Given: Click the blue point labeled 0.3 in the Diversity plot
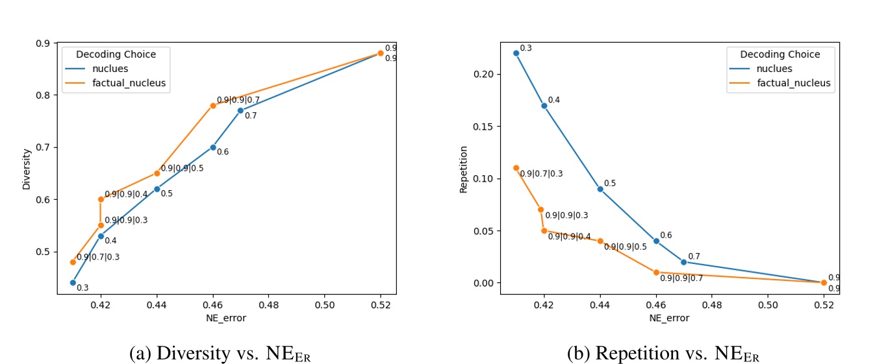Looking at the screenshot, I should (73, 283).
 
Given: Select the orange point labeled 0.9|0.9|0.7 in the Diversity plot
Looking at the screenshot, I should (213, 106).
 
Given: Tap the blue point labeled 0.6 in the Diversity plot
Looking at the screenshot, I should (213, 147).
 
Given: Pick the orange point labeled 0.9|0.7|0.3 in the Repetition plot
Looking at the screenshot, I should (516, 168).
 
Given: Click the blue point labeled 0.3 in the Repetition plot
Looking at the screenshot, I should (516, 53).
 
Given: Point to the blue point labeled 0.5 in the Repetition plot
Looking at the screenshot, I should (600, 189).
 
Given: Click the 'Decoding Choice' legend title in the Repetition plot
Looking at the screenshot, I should (779, 55).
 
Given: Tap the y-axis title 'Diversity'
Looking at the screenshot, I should (27, 169).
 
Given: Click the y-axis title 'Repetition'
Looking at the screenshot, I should (463, 169).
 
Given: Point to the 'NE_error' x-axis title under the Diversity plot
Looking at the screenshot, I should (226, 318).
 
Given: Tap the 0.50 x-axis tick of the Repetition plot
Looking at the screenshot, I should (768, 304).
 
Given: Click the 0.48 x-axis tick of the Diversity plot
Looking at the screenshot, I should (268, 304).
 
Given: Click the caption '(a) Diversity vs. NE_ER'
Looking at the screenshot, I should (225, 354).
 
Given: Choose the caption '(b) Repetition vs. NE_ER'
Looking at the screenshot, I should (663, 354).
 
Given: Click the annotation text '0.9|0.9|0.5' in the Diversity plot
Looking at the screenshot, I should (183, 168).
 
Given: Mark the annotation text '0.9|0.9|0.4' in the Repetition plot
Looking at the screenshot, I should (569, 237).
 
